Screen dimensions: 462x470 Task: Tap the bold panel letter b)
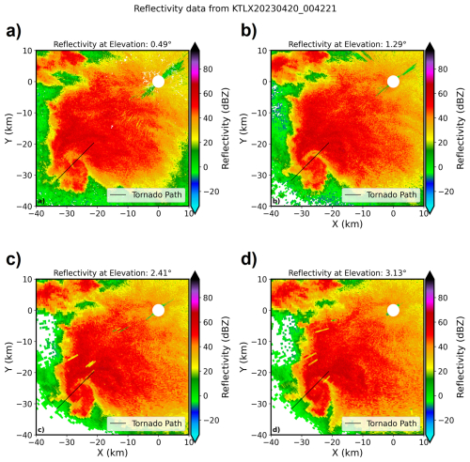[x=247, y=36]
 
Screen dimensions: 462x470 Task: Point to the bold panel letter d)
[x=247, y=265]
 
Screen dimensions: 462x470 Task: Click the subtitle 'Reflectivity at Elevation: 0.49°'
[x=112, y=44]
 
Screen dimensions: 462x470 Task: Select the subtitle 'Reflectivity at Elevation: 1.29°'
[x=347, y=44]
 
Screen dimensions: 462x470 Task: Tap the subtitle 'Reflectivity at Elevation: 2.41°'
[x=112, y=273]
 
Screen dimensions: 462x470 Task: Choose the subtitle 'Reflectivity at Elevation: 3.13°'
[x=347, y=273]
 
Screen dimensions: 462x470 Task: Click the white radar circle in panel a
[x=158, y=82]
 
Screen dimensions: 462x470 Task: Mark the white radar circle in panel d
[x=393, y=311]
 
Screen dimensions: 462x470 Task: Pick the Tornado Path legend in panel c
[x=144, y=423]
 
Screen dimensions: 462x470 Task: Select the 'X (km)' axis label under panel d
[x=347, y=454]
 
